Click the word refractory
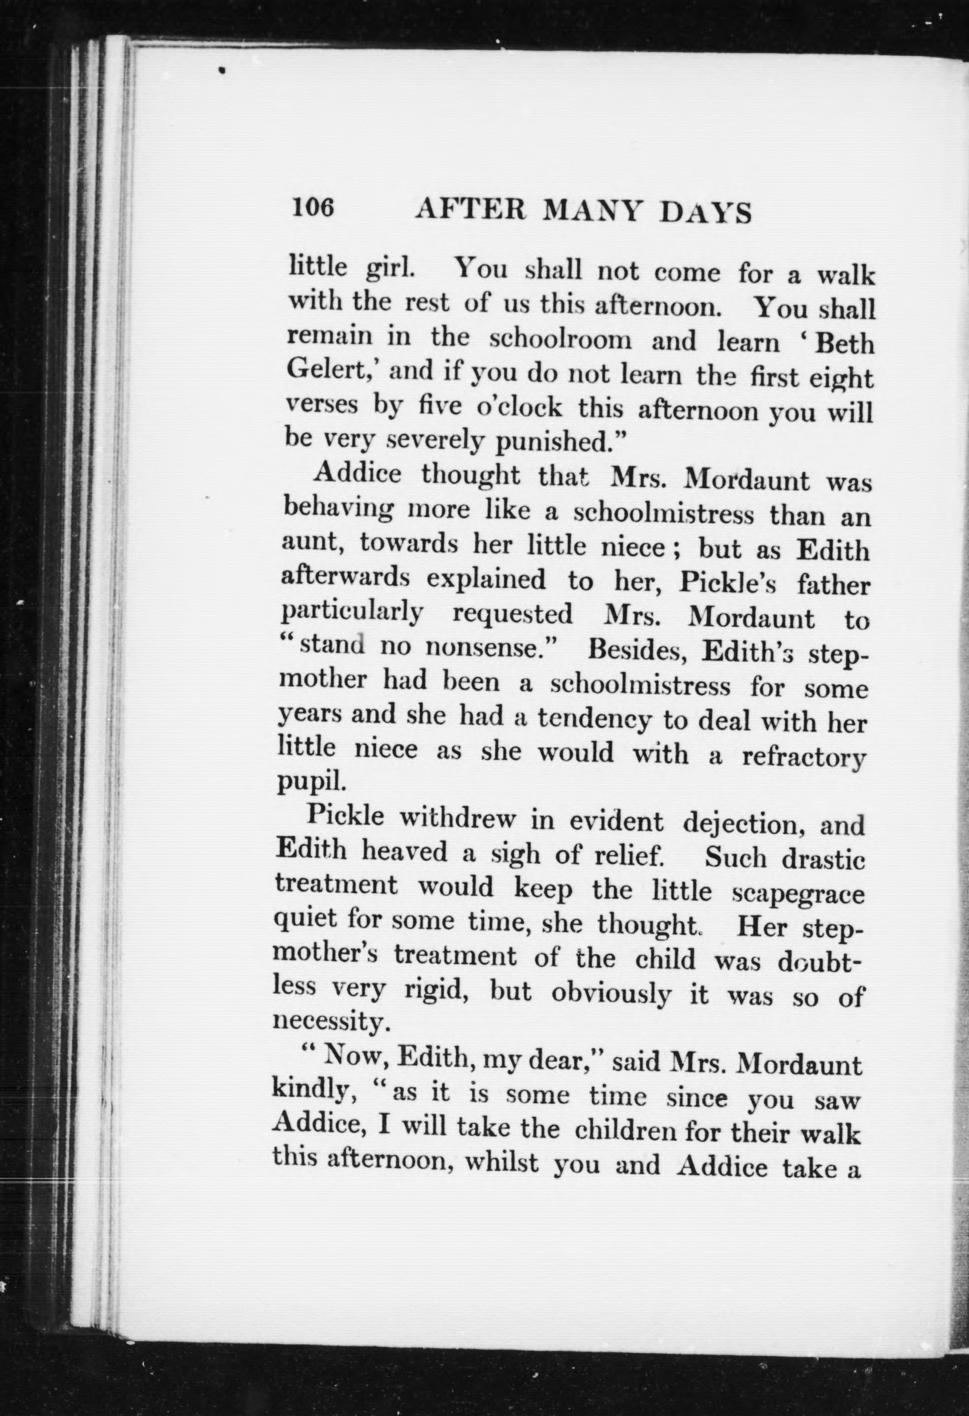[803, 757]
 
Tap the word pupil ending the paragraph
[311, 781]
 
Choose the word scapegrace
[798, 893]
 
